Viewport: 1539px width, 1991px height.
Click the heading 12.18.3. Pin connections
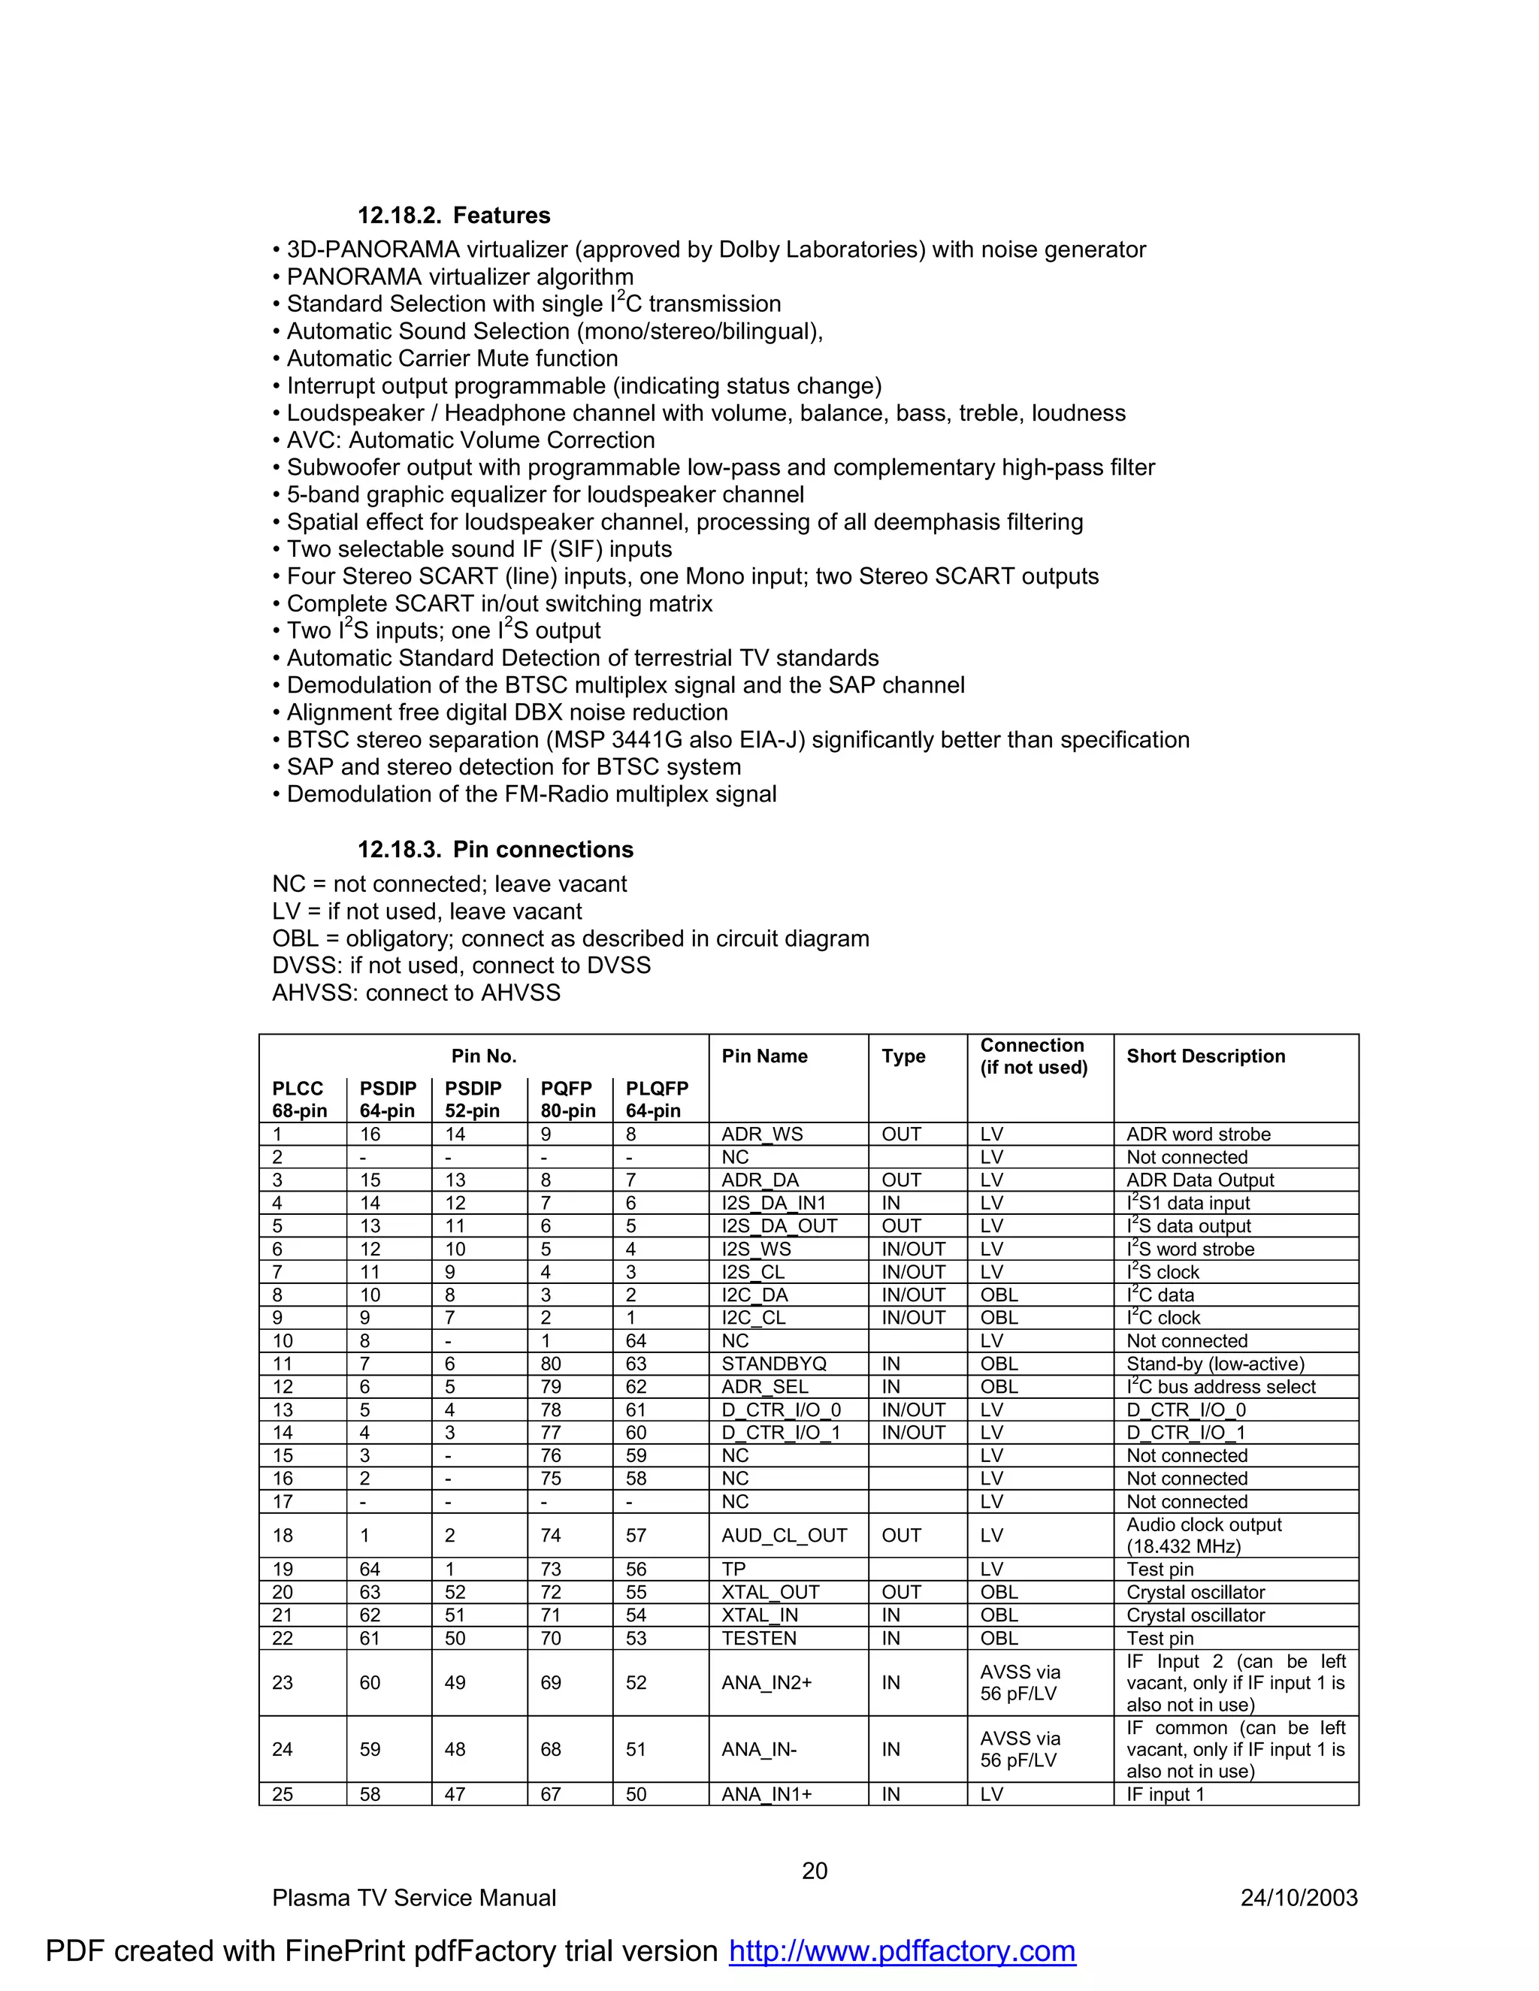(x=495, y=849)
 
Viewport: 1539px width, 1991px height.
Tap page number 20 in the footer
(x=814, y=1871)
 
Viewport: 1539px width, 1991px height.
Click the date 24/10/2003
(x=1299, y=1897)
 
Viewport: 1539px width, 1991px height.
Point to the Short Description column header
(x=1205, y=1056)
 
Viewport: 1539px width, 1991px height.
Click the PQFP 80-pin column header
(x=568, y=1098)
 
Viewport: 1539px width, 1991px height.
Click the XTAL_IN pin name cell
(x=760, y=1615)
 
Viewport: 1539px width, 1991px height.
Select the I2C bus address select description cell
(x=1221, y=1387)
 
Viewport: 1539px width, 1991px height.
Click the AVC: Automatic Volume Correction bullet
(x=470, y=440)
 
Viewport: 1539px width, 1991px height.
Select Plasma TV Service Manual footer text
(x=413, y=1897)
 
